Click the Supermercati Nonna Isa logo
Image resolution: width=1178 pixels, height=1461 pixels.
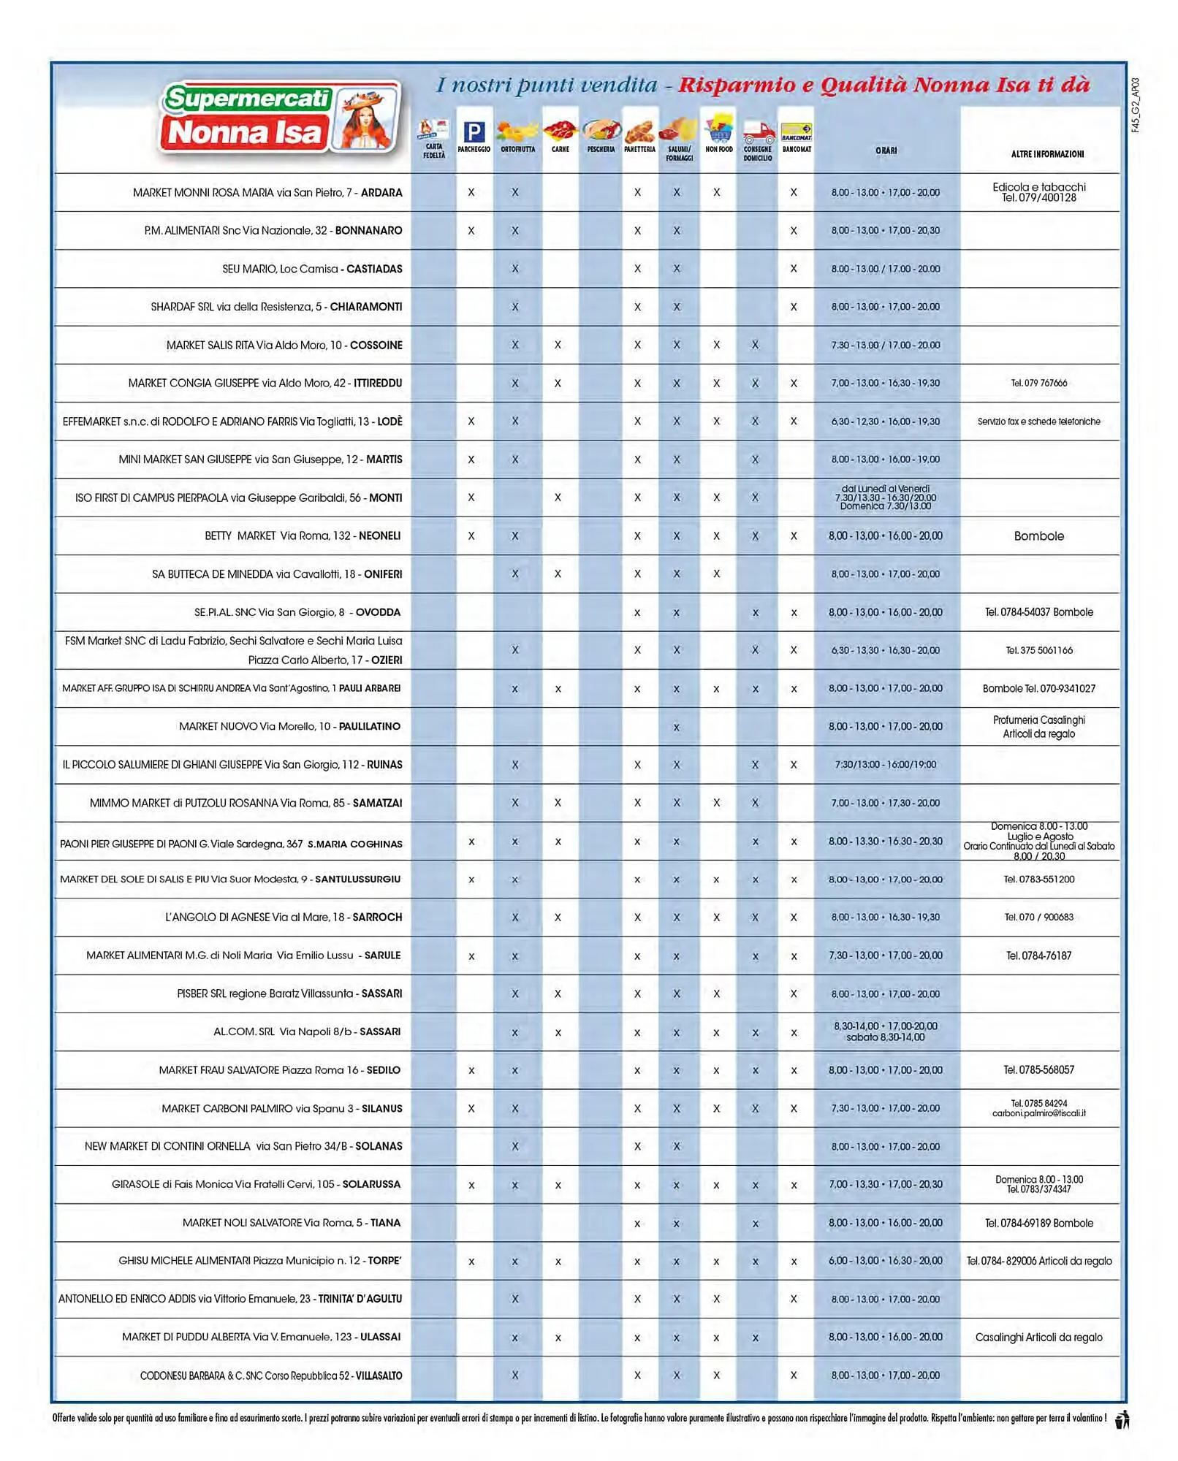click(280, 118)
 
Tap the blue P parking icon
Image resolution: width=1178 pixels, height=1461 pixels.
click(474, 132)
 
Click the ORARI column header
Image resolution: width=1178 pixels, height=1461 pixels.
click(886, 150)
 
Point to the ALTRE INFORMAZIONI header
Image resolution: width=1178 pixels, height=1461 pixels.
click(1047, 154)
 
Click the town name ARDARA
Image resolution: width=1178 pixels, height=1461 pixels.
click(381, 193)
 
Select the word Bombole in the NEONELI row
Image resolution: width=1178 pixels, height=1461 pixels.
click(1038, 536)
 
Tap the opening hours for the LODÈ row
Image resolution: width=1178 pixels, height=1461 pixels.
click(885, 421)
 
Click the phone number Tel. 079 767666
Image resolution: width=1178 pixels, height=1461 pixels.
click(1038, 383)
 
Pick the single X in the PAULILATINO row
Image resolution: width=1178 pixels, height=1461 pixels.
click(676, 727)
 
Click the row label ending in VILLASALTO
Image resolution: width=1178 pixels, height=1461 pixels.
click(270, 1376)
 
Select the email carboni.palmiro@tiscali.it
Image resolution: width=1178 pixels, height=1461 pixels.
click(1038, 1113)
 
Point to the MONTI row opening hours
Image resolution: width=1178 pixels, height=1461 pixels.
click(885, 497)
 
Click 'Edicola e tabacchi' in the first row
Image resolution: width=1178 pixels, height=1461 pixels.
click(1038, 187)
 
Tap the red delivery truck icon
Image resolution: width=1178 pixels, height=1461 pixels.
click(758, 134)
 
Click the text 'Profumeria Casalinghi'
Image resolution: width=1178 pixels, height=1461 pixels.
click(1038, 720)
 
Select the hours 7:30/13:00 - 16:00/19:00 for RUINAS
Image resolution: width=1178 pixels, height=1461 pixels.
click(885, 765)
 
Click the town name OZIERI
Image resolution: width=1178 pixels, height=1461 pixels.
click(387, 660)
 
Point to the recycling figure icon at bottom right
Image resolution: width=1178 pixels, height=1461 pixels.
click(1122, 1419)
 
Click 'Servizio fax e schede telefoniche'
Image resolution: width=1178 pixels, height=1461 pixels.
click(1038, 421)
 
